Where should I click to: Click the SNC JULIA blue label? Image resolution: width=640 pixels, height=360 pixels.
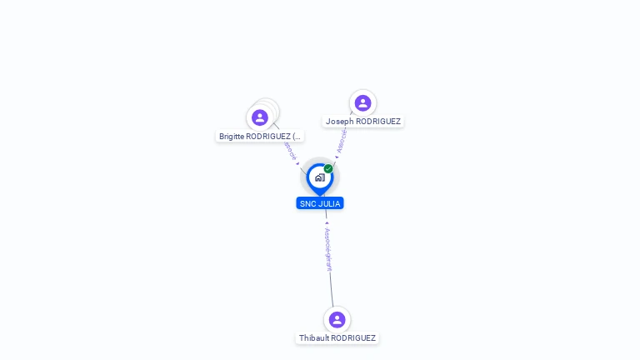click(x=320, y=203)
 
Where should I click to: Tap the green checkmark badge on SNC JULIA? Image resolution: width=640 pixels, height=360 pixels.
click(x=328, y=169)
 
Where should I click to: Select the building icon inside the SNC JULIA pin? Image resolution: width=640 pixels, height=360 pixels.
click(x=319, y=177)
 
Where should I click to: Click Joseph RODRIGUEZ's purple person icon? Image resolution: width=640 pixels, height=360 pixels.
click(x=362, y=103)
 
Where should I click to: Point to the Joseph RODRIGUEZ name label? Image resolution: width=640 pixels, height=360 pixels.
click(x=363, y=122)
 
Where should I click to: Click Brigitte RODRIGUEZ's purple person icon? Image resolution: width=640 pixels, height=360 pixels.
click(x=260, y=117)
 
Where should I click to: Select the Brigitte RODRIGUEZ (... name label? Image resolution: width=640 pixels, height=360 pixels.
click(x=260, y=136)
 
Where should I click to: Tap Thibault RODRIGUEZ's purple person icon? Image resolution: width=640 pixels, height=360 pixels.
click(x=337, y=320)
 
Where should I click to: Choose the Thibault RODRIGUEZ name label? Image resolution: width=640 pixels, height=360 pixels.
click(x=337, y=338)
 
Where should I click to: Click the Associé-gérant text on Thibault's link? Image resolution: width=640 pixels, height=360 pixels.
click(x=329, y=249)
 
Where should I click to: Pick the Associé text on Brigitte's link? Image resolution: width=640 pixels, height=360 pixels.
click(x=289, y=150)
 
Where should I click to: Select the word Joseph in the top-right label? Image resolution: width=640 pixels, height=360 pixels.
click(x=338, y=122)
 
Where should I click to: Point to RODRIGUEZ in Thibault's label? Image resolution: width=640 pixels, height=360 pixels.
click(x=353, y=338)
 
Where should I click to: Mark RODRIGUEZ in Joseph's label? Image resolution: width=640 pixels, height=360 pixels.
click(x=377, y=122)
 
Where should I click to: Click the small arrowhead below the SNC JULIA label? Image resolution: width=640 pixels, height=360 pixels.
click(x=327, y=223)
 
